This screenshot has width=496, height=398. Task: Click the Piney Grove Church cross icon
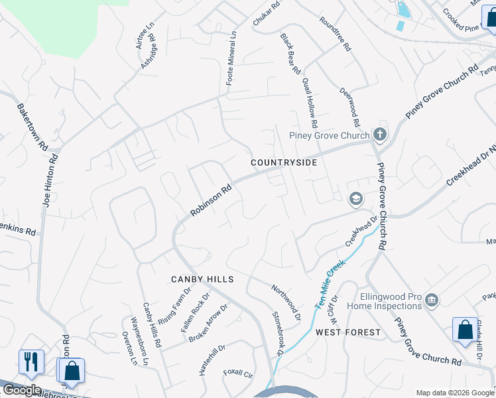[379, 135]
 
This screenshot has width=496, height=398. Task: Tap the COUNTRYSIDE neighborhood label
[284, 163]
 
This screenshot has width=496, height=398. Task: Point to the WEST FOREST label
[348, 332]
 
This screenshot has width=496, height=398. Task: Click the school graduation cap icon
[355, 198]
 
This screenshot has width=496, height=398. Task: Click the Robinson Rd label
[210, 200]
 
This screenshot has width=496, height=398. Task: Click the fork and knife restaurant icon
[31, 362]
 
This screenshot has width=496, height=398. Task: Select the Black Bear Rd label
[290, 54]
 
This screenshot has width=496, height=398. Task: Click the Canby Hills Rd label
[153, 326]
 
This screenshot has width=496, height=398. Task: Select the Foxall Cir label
[239, 373]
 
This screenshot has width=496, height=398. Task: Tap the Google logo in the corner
[21, 390]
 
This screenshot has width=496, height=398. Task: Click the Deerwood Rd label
[349, 107]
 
